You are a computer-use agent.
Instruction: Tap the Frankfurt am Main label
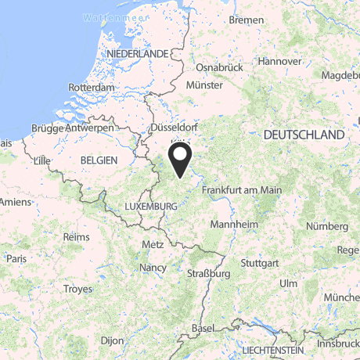(241, 190)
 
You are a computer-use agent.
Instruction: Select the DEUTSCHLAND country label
(304, 135)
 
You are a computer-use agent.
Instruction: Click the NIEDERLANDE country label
(140, 52)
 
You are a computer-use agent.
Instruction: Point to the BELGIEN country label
(98, 159)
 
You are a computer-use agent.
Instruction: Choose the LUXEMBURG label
(151, 206)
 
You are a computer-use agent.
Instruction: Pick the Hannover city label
(280, 61)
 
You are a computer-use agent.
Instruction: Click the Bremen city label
(247, 20)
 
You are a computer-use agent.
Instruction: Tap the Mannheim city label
(236, 224)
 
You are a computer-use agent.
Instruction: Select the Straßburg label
(208, 274)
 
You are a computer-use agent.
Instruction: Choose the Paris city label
(16, 257)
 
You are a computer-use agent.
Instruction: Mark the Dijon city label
(113, 341)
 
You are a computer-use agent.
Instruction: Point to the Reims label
(76, 236)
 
